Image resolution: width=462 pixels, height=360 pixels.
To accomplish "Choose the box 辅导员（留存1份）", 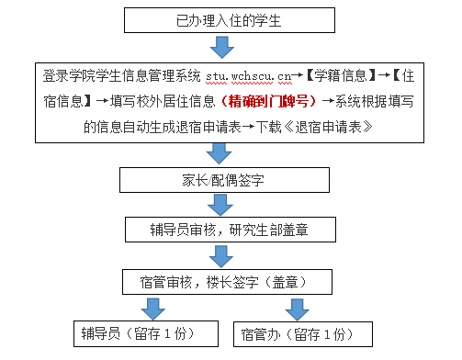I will (145, 332).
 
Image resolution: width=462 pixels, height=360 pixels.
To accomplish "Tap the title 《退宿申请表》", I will (327, 125).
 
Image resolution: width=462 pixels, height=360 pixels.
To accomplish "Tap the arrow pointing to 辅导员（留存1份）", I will (152, 307).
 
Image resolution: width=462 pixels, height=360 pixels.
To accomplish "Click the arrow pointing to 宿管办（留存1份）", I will (297, 307).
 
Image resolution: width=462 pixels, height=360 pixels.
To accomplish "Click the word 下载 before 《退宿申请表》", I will (270, 125).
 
